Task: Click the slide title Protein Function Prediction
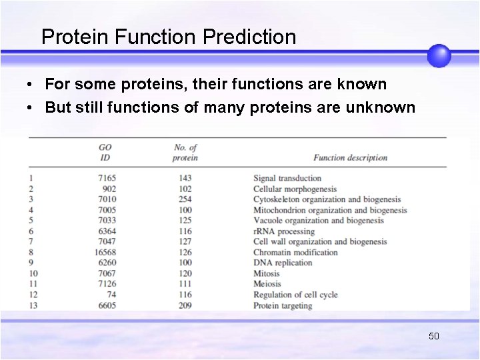(x=169, y=37)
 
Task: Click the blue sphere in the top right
(x=439, y=55)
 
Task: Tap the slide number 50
(x=433, y=336)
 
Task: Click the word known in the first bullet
(x=361, y=84)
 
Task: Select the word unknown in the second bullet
(x=385, y=107)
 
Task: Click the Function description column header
(x=350, y=158)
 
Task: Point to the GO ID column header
(x=105, y=153)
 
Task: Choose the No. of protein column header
(x=185, y=153)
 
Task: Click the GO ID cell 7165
(x=107, y=178)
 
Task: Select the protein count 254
(x=185, y=199)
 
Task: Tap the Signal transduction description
(x=287, y=178)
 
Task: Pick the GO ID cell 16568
(x=105, y=253)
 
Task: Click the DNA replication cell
(x=283, y=263)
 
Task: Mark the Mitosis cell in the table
(x=267, y=273)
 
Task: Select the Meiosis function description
(x=267, y=284)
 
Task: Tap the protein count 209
(x=185, y=305)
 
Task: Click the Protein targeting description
(x=283, y=305)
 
